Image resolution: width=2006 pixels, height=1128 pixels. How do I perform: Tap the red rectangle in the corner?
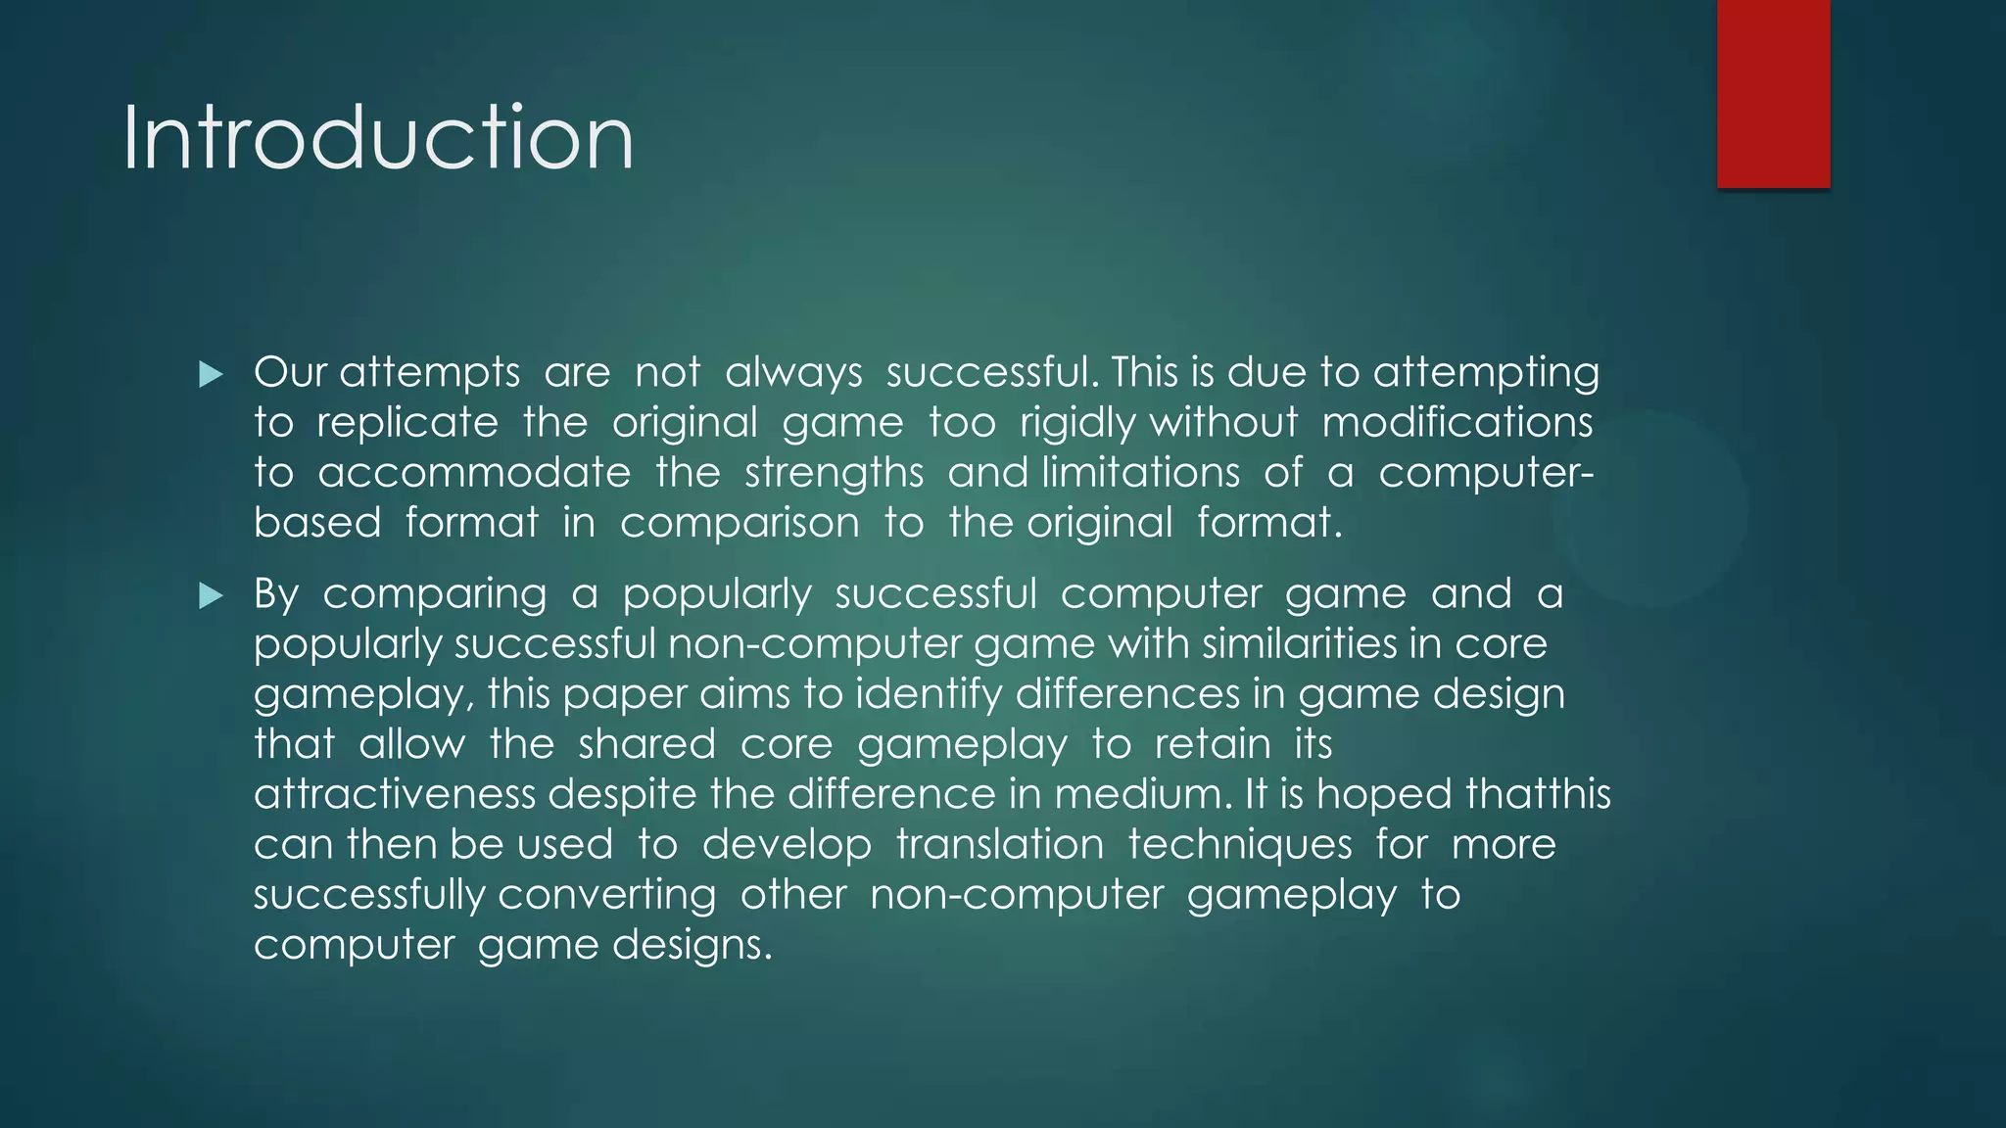[1773, 93]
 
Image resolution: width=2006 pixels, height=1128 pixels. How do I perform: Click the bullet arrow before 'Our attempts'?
[211, 374]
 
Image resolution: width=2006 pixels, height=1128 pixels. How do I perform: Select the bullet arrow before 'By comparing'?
[211, 595]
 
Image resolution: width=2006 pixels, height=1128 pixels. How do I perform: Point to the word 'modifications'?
[1457, 423]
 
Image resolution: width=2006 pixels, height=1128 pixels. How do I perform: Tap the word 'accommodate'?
[474, 473]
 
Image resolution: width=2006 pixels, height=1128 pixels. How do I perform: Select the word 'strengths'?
[834, 473]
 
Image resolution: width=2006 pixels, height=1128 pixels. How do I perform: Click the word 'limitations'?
[1140, 473]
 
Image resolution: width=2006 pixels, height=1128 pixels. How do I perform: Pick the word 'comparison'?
[740, 523]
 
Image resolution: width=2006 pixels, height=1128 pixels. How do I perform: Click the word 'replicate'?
[407, 423]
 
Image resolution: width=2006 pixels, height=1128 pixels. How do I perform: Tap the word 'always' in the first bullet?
[793, 373]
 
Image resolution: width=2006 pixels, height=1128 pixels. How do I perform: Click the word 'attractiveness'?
[395, 794]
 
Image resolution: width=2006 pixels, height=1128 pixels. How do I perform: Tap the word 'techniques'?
[1239, 844]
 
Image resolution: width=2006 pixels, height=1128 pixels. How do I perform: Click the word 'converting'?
[606, 895]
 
